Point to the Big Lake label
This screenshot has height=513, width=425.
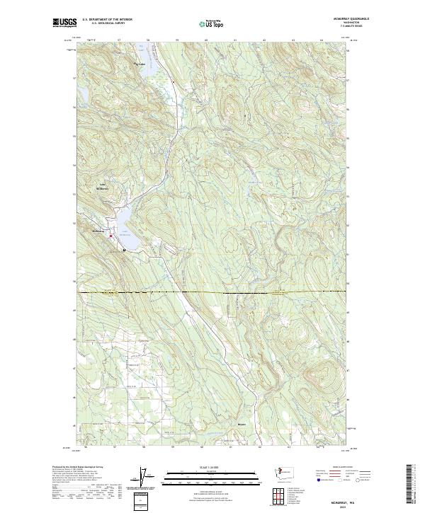tap(139, 64)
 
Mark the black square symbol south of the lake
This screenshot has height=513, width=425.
tap(124, 250)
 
